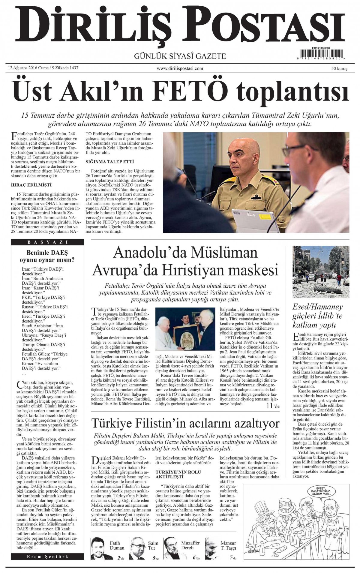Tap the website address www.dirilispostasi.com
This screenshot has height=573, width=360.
click(180, 68)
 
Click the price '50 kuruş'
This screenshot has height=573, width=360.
click(339, 68)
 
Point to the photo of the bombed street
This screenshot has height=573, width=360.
click(321, 272)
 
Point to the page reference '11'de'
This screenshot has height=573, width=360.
click(272, 406)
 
